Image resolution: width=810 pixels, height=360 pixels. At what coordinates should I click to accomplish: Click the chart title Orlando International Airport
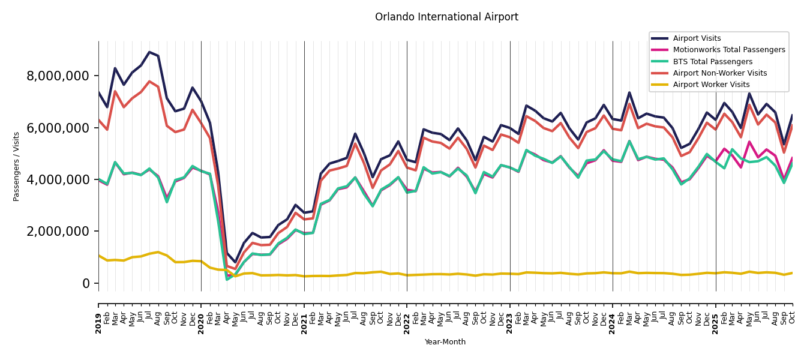coord(446,17)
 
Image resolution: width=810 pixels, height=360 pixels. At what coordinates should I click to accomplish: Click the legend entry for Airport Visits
coord(697,38)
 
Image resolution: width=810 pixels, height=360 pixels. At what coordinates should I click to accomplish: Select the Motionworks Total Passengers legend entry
coord(728,50)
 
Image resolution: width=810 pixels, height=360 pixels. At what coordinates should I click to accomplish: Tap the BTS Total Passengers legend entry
coord(712,62)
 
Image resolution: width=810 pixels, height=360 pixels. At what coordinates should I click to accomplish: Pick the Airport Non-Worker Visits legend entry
coord(719,73)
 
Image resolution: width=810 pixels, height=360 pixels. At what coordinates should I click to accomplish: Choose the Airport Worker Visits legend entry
coord(711,85)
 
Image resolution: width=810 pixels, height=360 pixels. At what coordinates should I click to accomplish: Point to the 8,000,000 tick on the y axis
coord(58,76)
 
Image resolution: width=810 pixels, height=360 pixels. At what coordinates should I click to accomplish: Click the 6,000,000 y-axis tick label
coord(58,128)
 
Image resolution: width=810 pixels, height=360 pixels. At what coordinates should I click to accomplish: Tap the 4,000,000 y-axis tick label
coord(58,179)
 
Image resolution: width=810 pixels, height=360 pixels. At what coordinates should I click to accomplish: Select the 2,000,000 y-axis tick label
coord(58,232)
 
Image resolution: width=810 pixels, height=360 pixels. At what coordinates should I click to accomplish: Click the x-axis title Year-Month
coord(445,342)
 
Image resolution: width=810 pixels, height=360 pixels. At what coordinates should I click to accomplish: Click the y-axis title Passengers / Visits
coord(17,166)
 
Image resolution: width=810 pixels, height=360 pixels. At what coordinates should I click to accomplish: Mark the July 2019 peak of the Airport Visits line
coord(149,52)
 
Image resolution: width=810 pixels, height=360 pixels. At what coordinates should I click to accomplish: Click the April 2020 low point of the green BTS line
coord(227,279)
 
